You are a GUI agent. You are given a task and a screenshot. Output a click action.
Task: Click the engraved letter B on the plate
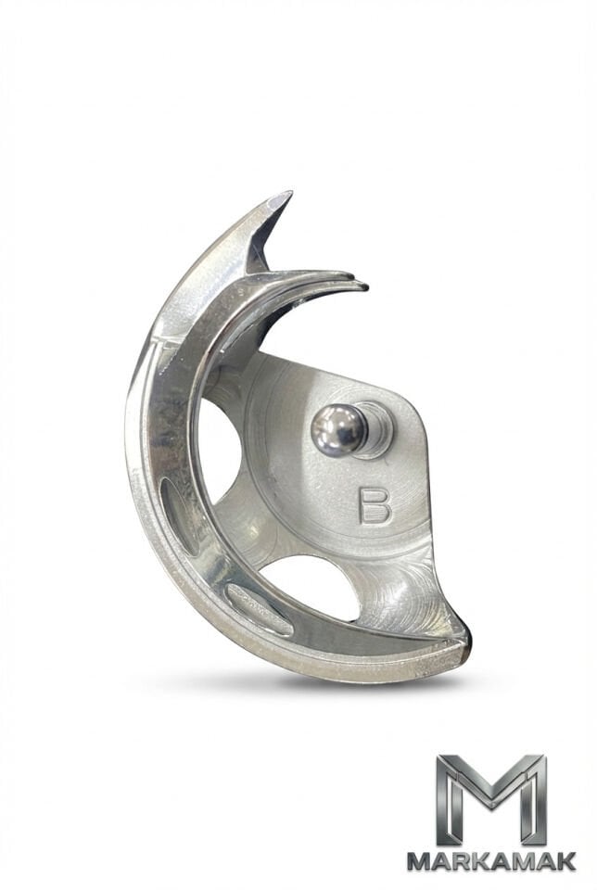375,504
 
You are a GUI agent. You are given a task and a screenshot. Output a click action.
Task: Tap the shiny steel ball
338,429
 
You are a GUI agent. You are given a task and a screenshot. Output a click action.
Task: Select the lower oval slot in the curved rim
259,610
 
